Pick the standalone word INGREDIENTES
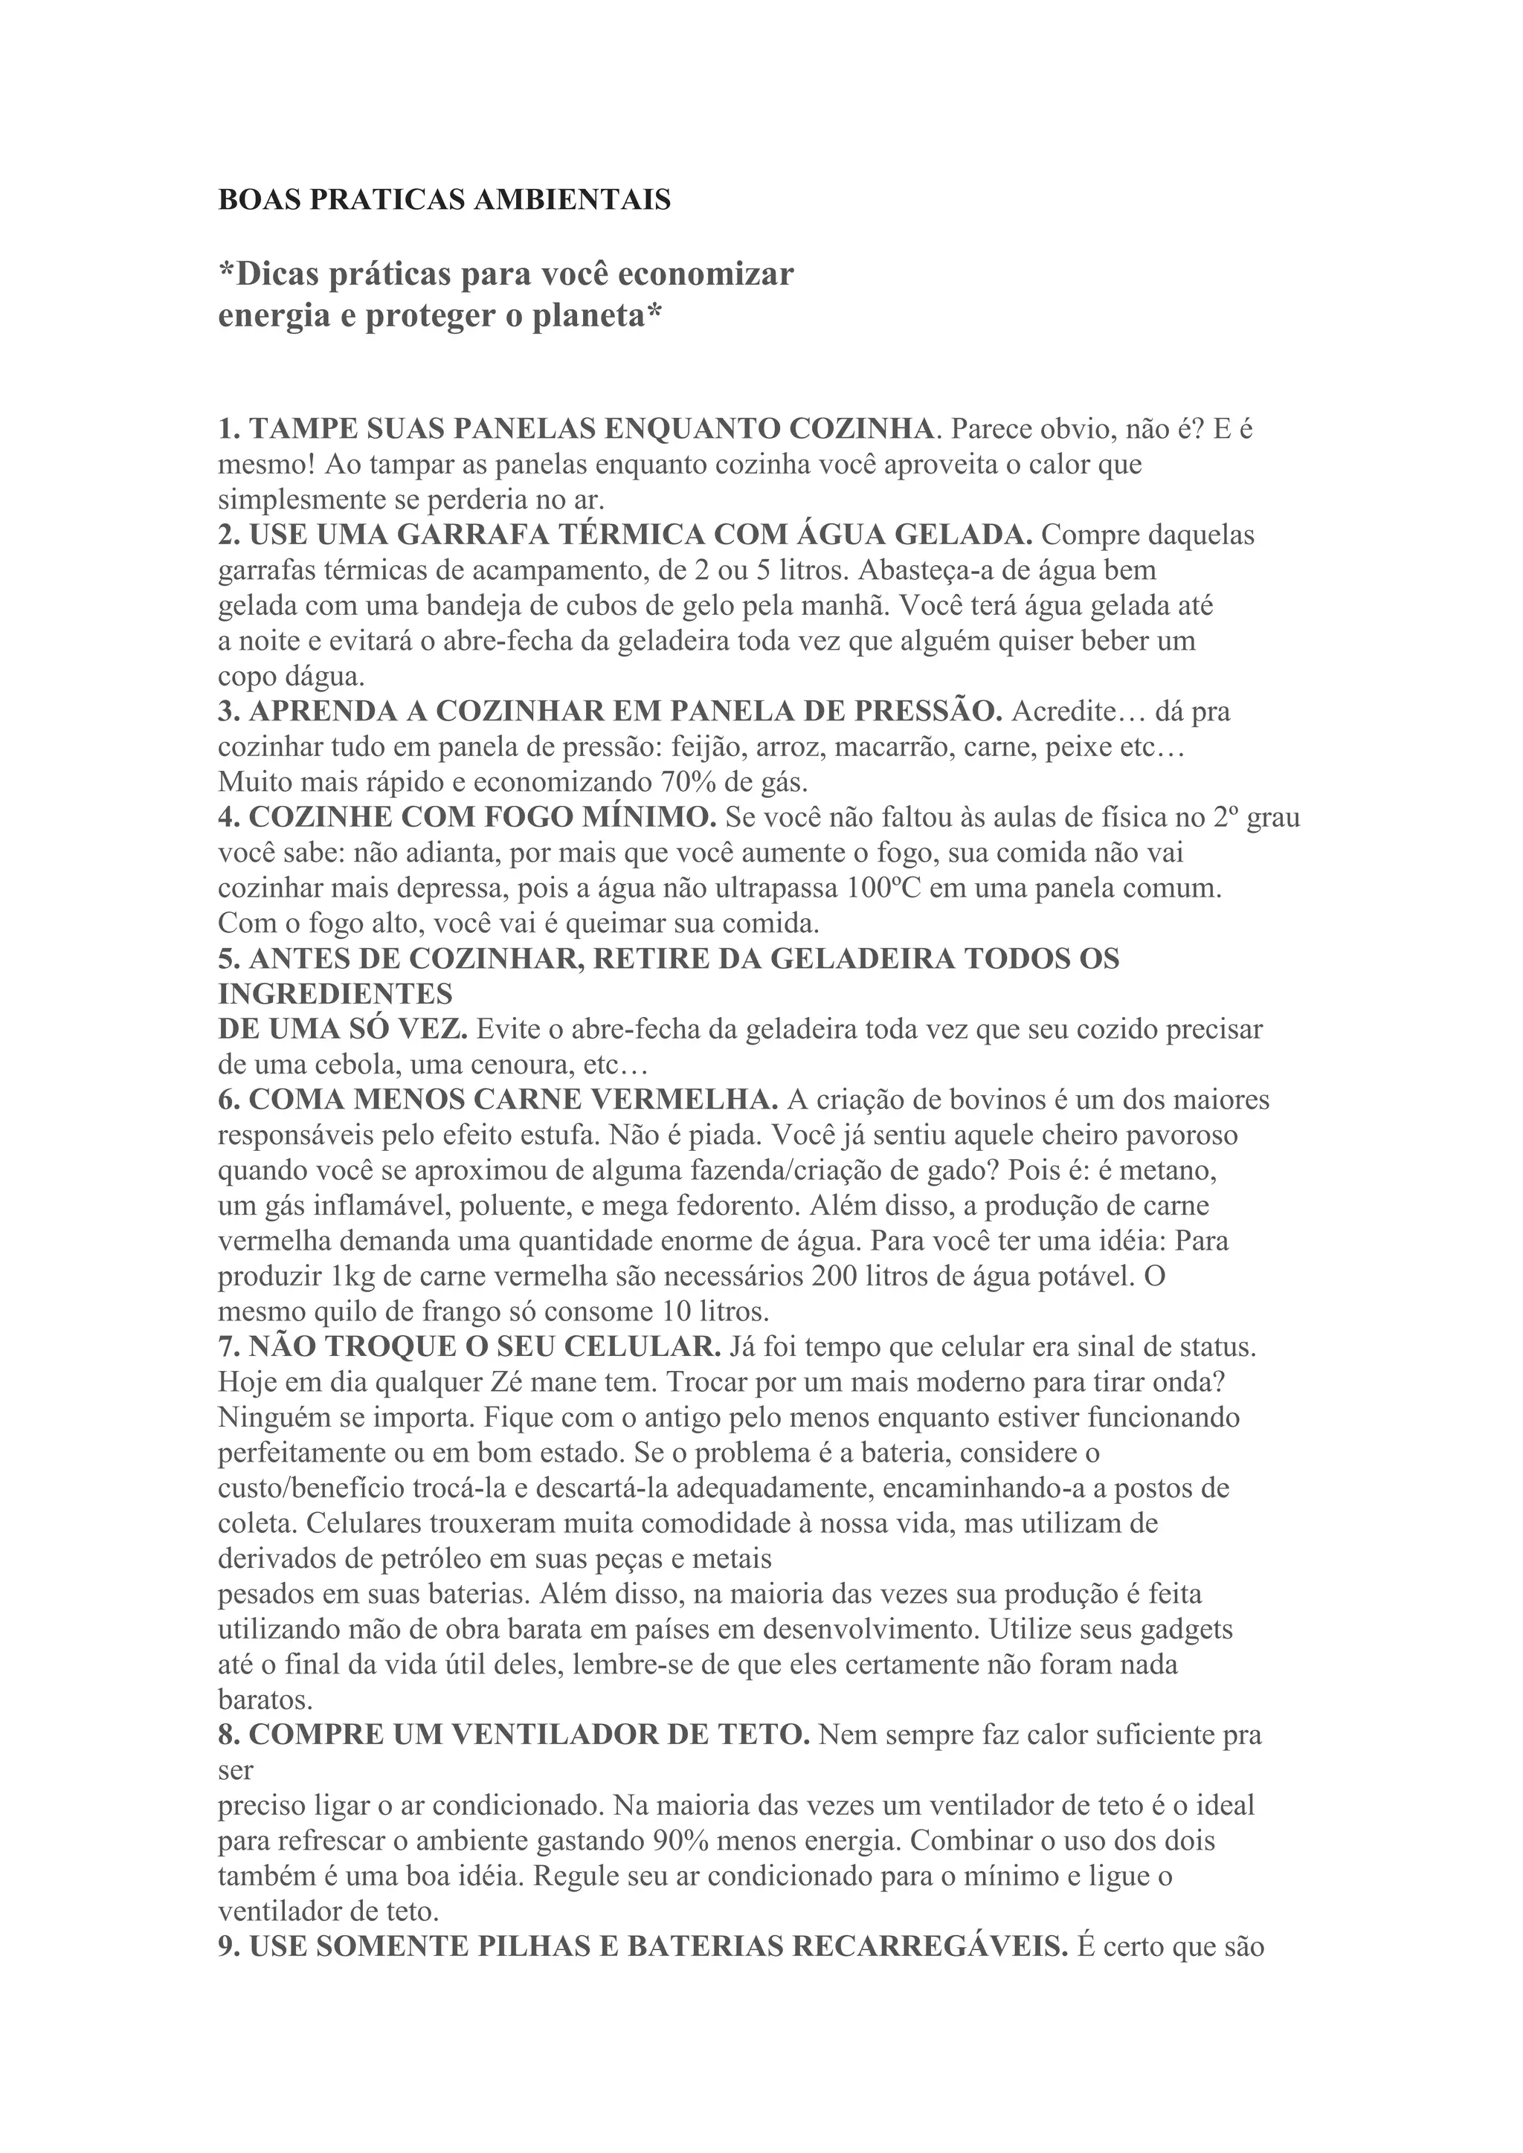click(335, 993)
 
